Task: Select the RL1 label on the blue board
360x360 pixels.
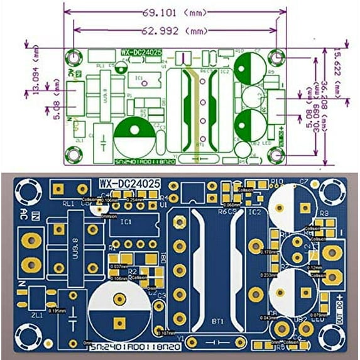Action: point(68,204)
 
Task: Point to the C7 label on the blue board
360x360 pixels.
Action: point(304,182)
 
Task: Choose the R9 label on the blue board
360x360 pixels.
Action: point(324,214)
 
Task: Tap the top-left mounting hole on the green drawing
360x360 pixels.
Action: point(74,56)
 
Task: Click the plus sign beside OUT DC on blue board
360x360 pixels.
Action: point(340,296)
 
